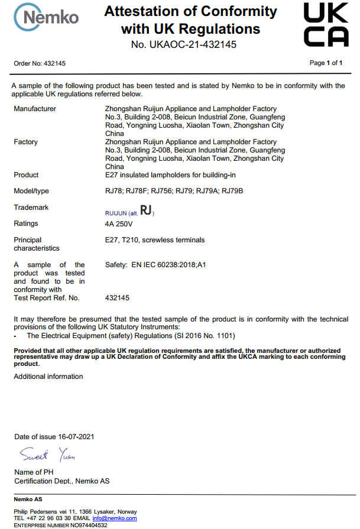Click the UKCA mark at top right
[x=326, y=24]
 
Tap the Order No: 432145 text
[x=40, y=63]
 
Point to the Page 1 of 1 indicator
[x=326, y=63]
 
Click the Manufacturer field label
[x=35, y=109]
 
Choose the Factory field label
[x=25, y=142]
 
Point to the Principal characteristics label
[x=35, y=244]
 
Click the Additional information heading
[x=48, y=377]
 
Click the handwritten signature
[x=47, y=455]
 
